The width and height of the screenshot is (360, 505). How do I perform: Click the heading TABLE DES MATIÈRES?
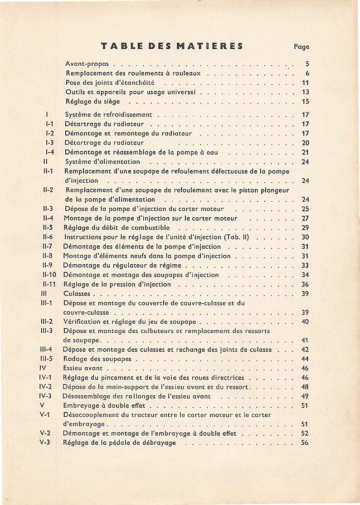[172, 46]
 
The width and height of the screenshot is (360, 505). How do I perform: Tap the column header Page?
[301, 46]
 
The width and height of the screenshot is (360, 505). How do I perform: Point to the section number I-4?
[50, 152]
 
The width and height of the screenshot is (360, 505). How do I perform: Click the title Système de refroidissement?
[109, 115]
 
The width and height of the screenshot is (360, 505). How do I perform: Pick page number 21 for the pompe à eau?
[305, 152]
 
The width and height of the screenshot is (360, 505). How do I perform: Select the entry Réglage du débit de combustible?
[117, 228]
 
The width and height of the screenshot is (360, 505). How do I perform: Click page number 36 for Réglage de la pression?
[305, 284]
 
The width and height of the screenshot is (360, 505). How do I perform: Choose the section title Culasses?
[77, 294]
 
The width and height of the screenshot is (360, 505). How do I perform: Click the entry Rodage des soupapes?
[97, 359]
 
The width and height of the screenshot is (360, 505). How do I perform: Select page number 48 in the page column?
[305, 387]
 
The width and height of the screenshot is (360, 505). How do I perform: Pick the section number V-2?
[45, 433]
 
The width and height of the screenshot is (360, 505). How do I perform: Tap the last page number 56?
[305, 442]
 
